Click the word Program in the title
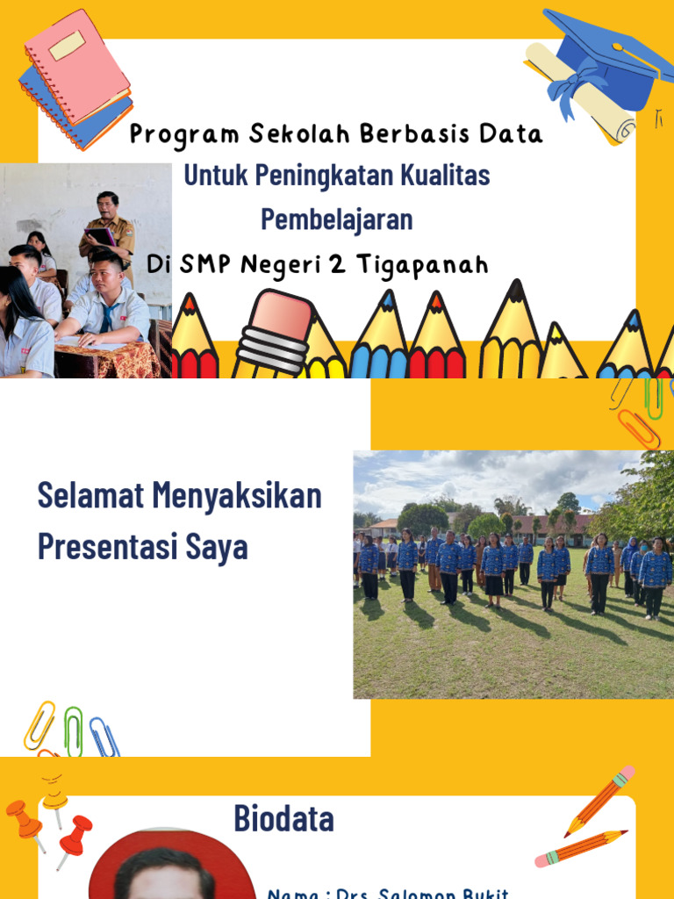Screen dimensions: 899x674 [x=184, y=134]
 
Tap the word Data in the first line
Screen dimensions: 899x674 [x=511, y=133]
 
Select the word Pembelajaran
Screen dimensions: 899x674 [x=337, y=219]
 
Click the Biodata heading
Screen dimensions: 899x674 [x=283, y=819]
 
